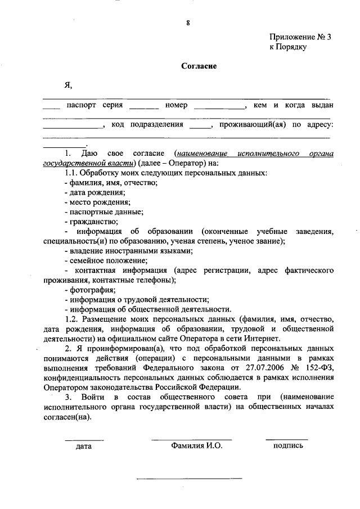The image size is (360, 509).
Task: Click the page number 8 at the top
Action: pyautogui.click(x=188, y=23)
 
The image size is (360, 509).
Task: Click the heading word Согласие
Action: pyautogui.click(x=199, y=66)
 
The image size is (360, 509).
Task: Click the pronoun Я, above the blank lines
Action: pyautogui.click(x=68, y=85)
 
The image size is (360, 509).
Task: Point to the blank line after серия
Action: pyautogui.click(x=143, y=107)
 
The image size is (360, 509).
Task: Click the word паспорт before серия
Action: pyautogui.click(x=81, y=105)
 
